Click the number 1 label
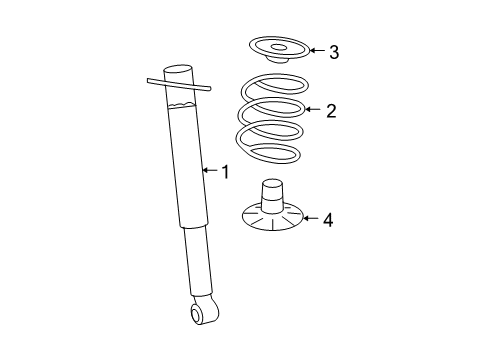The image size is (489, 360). click(225, 172)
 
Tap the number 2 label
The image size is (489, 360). click(330, 110)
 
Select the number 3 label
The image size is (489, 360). click(334, 52)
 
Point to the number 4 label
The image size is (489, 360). click(329, 218)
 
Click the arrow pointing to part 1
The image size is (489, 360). click(209, 171)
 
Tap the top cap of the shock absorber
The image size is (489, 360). click(176, 71)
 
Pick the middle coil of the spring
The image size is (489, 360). click(268, 112)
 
